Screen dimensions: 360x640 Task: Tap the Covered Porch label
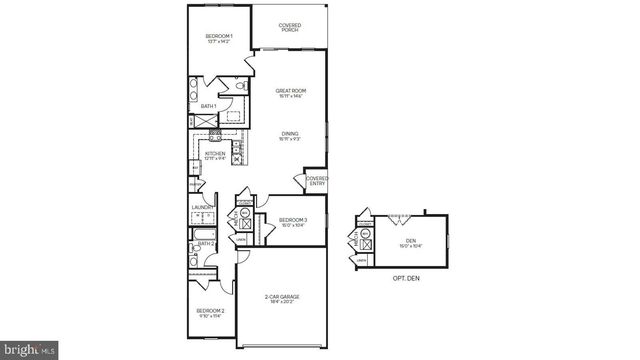[x=290, y=27]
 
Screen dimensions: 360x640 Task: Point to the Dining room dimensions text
[x=290, y=140]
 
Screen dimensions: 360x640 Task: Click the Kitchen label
[x=215, y=154]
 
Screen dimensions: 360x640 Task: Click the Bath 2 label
[x=206, y=243]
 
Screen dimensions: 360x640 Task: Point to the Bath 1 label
[x=208, y=105]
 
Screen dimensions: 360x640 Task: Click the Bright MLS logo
[x=29, y=349]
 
